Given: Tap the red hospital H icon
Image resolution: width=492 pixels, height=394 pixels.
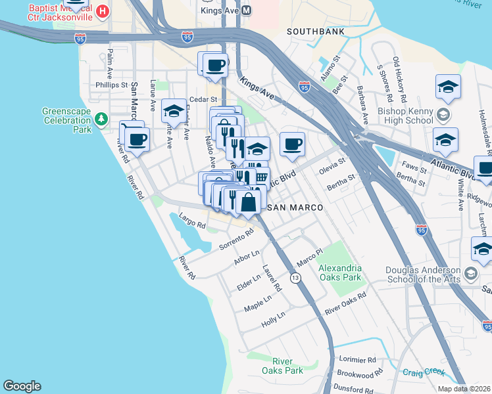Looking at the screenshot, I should tap(102, 11).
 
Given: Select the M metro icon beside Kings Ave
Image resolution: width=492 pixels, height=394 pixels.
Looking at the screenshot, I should tap(247, 11).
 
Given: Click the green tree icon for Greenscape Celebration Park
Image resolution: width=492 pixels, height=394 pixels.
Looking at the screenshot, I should tap(101, 119).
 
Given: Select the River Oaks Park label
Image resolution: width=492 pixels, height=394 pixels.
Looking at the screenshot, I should tap(288, 366).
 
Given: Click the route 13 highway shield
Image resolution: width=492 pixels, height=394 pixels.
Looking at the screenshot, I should tap(296, 278).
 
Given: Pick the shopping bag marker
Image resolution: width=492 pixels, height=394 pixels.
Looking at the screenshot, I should tap(249, 202).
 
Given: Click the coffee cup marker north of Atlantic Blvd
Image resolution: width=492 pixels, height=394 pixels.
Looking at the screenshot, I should tap(292, 144).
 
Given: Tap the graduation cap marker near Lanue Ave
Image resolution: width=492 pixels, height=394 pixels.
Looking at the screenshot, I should tap(174, 110).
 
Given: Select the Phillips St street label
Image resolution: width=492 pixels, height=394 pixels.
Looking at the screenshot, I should tap(111, 85).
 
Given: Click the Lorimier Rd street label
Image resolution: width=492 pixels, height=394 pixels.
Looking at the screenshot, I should tap(357, 361).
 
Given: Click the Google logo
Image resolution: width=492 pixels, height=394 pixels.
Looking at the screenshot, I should tap(22, 385).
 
